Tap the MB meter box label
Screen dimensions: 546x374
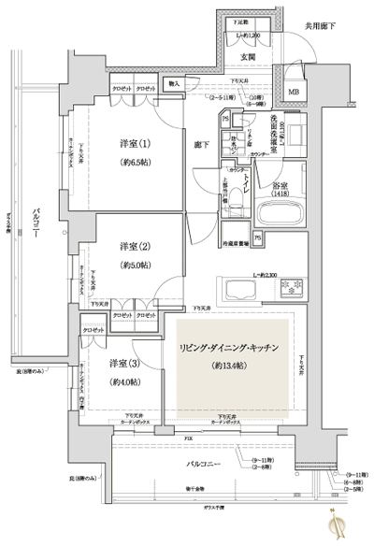[x=294, y=92]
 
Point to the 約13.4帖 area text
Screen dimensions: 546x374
[x=226, y=366]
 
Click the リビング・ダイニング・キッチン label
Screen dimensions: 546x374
[x=226, y=348]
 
